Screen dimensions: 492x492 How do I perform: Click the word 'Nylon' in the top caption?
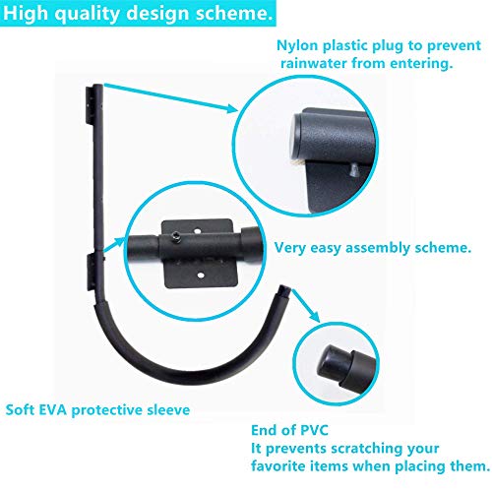point(297,45)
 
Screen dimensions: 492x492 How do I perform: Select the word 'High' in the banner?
point(25,13)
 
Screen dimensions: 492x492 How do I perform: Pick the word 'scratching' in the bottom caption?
point(367,449)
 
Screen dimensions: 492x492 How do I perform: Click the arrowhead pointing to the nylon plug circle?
point(231,108)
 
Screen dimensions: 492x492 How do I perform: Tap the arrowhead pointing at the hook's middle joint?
point(119,242)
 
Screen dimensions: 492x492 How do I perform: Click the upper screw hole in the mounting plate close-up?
point(197,231)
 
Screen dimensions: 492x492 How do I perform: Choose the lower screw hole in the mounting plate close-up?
point(201,276)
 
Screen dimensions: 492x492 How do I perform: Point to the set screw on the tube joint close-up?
point(176,236)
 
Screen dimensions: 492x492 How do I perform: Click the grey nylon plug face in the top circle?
point(296,136)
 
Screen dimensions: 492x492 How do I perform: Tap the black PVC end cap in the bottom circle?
point(332,362)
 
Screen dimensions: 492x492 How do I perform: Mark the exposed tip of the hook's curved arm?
point(284,289)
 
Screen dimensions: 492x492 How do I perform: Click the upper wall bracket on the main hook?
point(90,105)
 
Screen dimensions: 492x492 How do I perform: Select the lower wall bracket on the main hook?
point(91,272)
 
